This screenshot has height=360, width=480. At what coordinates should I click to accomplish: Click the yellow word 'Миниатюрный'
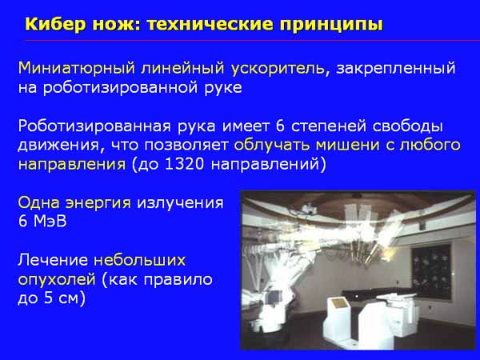(x=77, y=68)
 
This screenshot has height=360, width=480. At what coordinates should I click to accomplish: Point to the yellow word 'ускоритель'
(x=278, y=69)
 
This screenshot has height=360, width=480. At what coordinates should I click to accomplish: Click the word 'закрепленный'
(x=396, y=69)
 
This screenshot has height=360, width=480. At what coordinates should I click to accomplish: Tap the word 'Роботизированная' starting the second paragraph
(x=94, y=127)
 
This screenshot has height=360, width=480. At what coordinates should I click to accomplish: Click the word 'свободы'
(x=408, y=127)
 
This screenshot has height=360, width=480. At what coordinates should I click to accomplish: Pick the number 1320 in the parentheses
(x=184, y=164)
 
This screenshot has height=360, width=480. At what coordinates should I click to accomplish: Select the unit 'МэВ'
(x=50, y=222)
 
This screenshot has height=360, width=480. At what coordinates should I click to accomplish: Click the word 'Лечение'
(x=53, y=261)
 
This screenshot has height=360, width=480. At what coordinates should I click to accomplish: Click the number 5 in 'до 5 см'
(x=49, y=298)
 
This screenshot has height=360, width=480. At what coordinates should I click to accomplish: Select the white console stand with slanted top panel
(x=337, y=318)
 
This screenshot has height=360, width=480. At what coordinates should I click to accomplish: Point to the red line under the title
(x=252, y=41)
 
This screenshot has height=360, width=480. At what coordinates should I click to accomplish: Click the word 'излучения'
(x=180, y=203)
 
